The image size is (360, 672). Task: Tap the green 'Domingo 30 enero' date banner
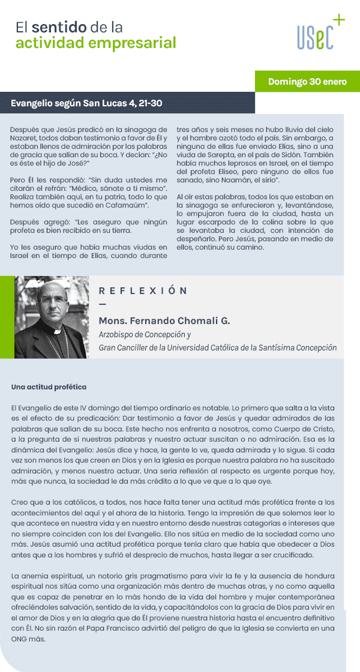307,82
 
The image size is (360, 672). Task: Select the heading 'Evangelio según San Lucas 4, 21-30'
86,103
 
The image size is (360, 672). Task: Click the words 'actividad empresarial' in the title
96,43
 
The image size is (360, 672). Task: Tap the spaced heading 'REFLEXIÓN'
143,291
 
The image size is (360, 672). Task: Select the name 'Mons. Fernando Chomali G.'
164,321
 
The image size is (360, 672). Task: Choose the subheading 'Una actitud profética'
49,387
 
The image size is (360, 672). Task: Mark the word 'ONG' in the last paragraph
20,639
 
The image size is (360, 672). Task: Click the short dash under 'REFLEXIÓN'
101,306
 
